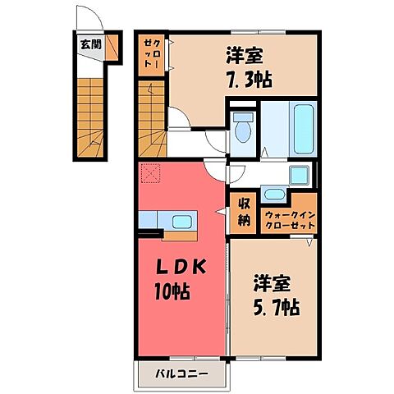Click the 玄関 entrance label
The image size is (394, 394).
[x=91, y=44]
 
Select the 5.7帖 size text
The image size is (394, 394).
[x=273, y=305]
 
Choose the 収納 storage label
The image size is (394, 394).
[x=244, y=213]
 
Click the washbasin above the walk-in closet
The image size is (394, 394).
[x=273, y=194]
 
